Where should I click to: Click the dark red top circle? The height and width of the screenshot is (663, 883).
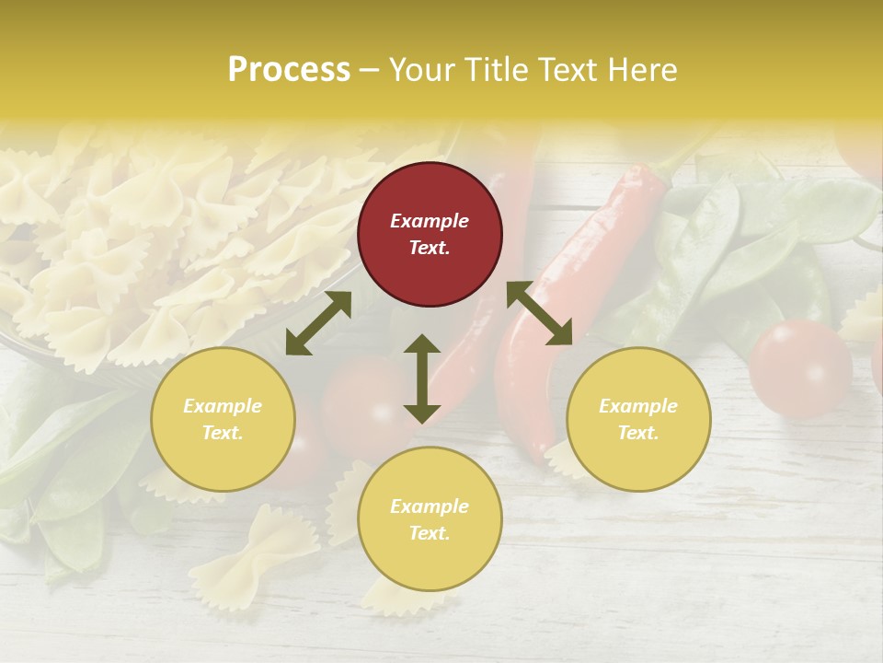[x=430, y=234]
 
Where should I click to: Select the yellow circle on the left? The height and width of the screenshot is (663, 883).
[x=223, y=419]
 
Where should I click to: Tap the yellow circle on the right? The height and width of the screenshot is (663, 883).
[x=638, y=419]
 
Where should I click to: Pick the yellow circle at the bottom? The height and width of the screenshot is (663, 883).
[x=430, y=519]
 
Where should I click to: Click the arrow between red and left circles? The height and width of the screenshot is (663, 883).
[x=318, y=323]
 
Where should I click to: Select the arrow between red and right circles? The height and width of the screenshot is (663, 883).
[x=539, y=313]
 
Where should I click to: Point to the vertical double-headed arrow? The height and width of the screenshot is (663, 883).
[x=422, y=378]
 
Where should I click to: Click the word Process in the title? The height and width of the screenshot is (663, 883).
[x=289, y=70]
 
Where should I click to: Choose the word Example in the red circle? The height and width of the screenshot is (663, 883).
[x=430, y=221]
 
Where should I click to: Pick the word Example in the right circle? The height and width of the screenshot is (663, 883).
[x=638, y=406]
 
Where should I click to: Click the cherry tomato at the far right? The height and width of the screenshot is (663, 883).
[x=799, y=368]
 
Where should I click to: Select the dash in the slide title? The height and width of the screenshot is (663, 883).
[x=370, y=70]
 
